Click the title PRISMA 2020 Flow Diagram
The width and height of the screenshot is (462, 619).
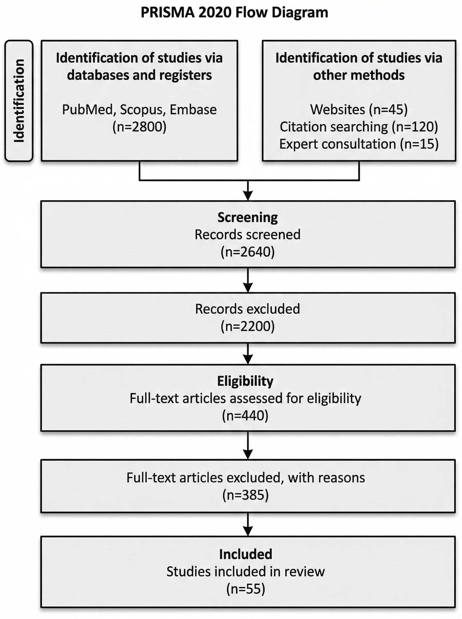pyautogui.click(x=234, y=13)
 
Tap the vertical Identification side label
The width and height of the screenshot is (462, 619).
pyautogui.click(x=19, y=101)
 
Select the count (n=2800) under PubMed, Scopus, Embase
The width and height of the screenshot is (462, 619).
pyautogui.click(x=139, y=127)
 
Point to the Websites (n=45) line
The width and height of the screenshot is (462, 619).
pyautogui.click(x=359, y=109)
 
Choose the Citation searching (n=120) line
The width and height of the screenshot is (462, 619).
pyautogui.click(x=359, y=127)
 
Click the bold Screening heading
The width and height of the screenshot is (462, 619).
pyautogui.click(x=247, y=217)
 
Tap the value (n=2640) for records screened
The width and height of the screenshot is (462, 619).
pyautogui.click(x=247, y=252)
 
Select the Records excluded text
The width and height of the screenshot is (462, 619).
pyautogui.click(x=247, y=309)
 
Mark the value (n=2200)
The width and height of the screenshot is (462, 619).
pyautogui.click(x=247, y=327)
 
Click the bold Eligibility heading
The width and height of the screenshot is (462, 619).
pyautogui.click(x=245, y=381)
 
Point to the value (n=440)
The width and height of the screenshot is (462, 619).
pyautogui.click(x=245, y=416)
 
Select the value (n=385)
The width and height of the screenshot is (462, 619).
pyautogui.click(x=245, y=495)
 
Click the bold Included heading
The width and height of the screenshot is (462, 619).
pyautogui.click(x=245, y=554)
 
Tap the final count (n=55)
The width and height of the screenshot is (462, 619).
pyautogui.click(x=245, y=589)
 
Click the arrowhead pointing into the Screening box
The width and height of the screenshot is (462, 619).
pyautogui.click(x=248, y=195)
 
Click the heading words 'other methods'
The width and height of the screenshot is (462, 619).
pyautogui.click(x=359, y=75)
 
